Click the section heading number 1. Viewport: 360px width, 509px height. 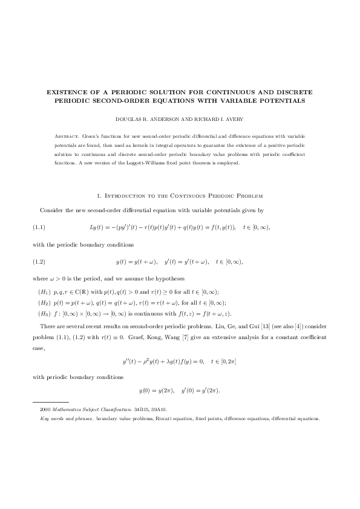(x=99, y=195)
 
